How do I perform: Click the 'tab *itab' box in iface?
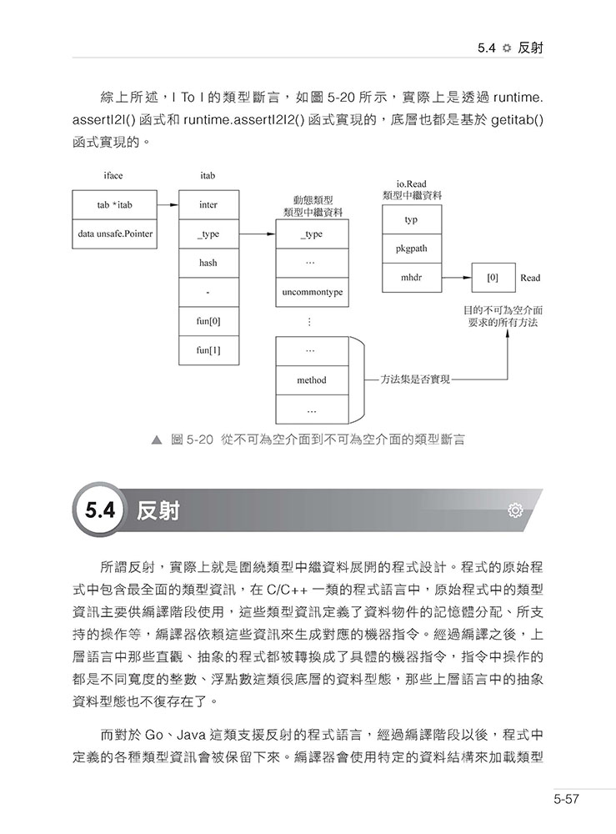coord(115,204)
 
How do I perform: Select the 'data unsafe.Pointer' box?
coord(115,234)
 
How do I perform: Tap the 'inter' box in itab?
coord(208,204)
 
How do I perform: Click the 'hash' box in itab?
coord(208,263)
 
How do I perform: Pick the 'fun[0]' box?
coord(208,321)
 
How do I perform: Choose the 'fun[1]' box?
coord(208,350)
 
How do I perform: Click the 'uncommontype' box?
coord(312,293)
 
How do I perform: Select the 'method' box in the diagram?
coord(312,380)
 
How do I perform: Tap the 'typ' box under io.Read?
coord(411,220)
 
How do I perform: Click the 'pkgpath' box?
coord(411,249)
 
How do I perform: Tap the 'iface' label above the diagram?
coord(113,176)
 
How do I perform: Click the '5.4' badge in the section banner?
coord(99,510)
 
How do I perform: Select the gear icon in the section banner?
coord(515,510)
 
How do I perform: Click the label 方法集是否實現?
coord(414,379)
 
